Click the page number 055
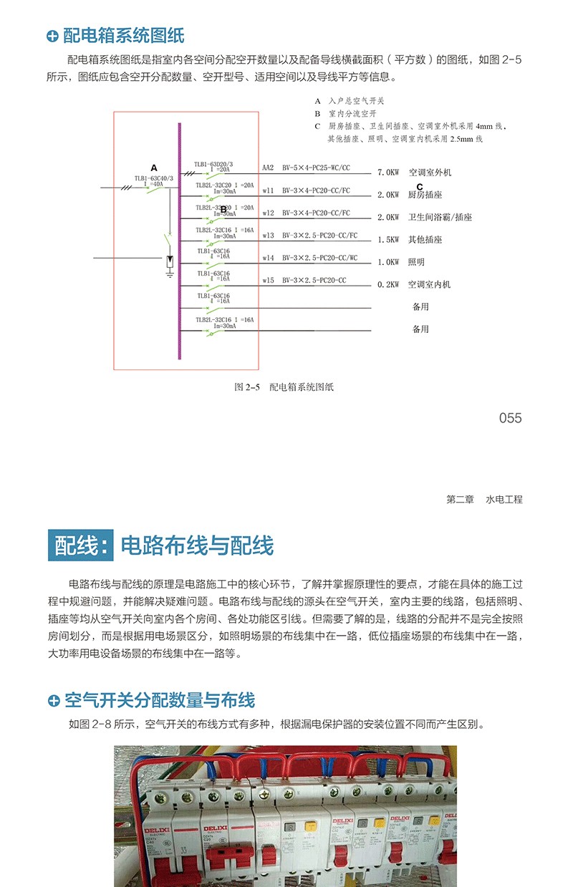click(x=510, y=418)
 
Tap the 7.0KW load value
click(x=387, y=173)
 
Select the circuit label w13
click(x=269, y=235)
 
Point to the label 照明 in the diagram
click(x=417, y=262)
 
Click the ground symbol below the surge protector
click(x=170, y=274)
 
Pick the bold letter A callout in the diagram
click(x=153, y=168)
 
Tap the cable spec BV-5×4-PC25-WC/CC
click(x=316, y=168)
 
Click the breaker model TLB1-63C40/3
click(x=154, y=178)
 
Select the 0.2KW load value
click(x=387, y=284)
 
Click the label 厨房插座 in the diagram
click(x=424, y=195)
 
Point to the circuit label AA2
click(x=268, y=168)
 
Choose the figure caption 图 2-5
click(x=246, y=387)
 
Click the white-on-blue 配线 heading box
click(x=82, y=546)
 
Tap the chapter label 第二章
click(x=460, y=500)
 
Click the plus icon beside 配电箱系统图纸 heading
click(x=52, y=36)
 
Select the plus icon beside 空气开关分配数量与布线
click(x=53, y=700)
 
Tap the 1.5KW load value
click(x=387, y=240)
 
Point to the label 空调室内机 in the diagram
click(x=429, y=284)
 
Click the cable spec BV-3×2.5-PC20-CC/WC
click(x=319, y=257)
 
